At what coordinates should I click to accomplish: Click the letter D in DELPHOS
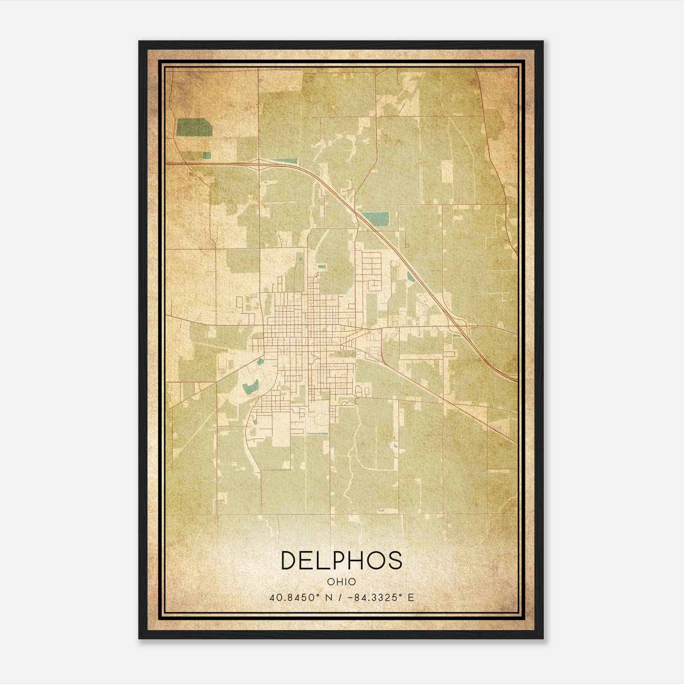(x=290, y=560)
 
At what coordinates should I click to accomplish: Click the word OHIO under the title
(x=342, y=581)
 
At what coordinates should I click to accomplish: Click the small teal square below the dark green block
(x=206, y=155)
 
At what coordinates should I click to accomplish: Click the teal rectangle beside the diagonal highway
(x=375, y=218)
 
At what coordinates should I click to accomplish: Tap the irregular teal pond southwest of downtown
(x=249, y=387)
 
